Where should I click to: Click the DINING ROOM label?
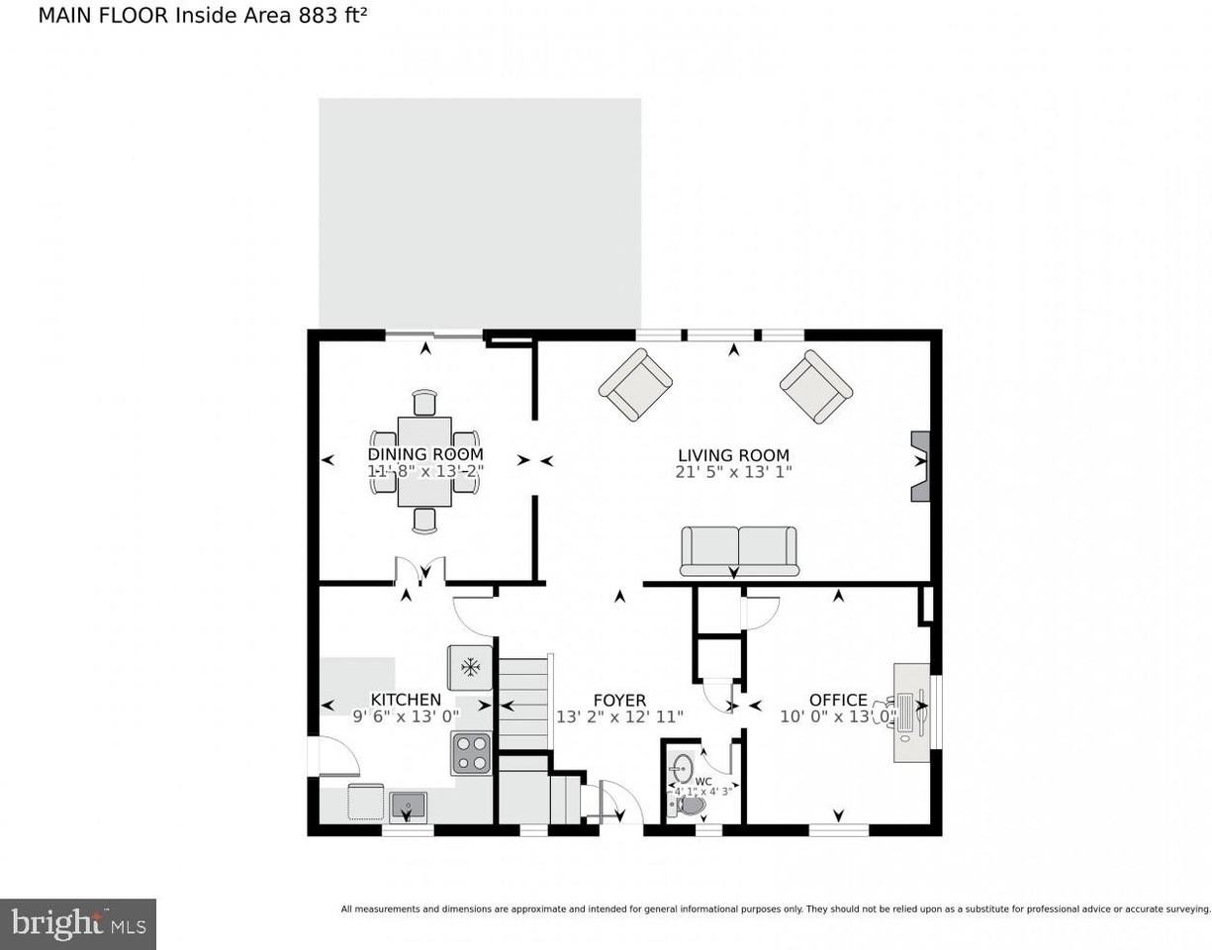(x=425, y=454)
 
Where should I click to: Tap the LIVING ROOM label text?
(x=733, y=455)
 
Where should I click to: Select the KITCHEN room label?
(x=406, y=700)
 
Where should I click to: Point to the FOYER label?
(x=619, y=700)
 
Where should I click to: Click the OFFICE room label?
(x=837, y=700)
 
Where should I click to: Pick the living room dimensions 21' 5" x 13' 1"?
(x=734, y=472)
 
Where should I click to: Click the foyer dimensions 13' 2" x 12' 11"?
(x=619, y=716)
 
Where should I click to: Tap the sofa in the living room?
(x=739, y=549)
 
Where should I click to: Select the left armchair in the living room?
(x=635, y=385)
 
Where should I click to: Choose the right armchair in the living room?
(x=816, y=385)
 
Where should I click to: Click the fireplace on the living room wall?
(x=921, y=466)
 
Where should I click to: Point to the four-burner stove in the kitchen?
(x=472, y=753)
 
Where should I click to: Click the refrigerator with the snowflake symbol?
(x=470, y=667)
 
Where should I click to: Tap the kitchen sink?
(x=407, y=807)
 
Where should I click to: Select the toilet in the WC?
(x=691, y=806)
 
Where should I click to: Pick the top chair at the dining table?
(x=424, y=403)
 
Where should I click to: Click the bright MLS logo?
(x=78, y=924)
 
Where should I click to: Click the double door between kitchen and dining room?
(x=420, y=571)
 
